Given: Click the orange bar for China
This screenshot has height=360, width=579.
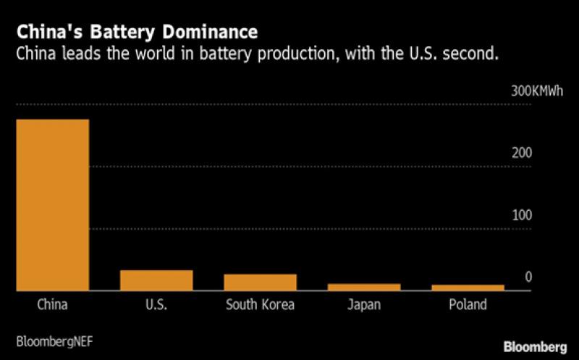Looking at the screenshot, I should click(52, 205).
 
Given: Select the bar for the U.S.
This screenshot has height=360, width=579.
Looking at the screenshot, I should click(156, 280).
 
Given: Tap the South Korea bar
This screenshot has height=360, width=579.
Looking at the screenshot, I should click(260, 282).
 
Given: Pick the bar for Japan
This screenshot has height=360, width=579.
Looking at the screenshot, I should click(364, 287).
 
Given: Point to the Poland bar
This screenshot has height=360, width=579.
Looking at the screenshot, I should click(468, 288).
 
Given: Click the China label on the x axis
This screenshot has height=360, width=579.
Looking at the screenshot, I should click(52, 304).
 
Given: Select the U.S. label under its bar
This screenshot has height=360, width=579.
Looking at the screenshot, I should click(156, 304).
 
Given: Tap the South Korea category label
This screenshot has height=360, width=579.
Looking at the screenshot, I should click(260, 304).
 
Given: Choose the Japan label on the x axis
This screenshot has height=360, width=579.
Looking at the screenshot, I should click(364, 305).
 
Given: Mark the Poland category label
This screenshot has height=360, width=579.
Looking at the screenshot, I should click(468, 304).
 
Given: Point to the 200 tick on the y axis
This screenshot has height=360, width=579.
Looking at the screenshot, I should click(523, 154).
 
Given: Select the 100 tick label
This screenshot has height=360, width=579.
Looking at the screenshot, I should click(523, 215).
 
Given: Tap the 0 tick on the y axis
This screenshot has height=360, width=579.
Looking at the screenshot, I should click(528, 277).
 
